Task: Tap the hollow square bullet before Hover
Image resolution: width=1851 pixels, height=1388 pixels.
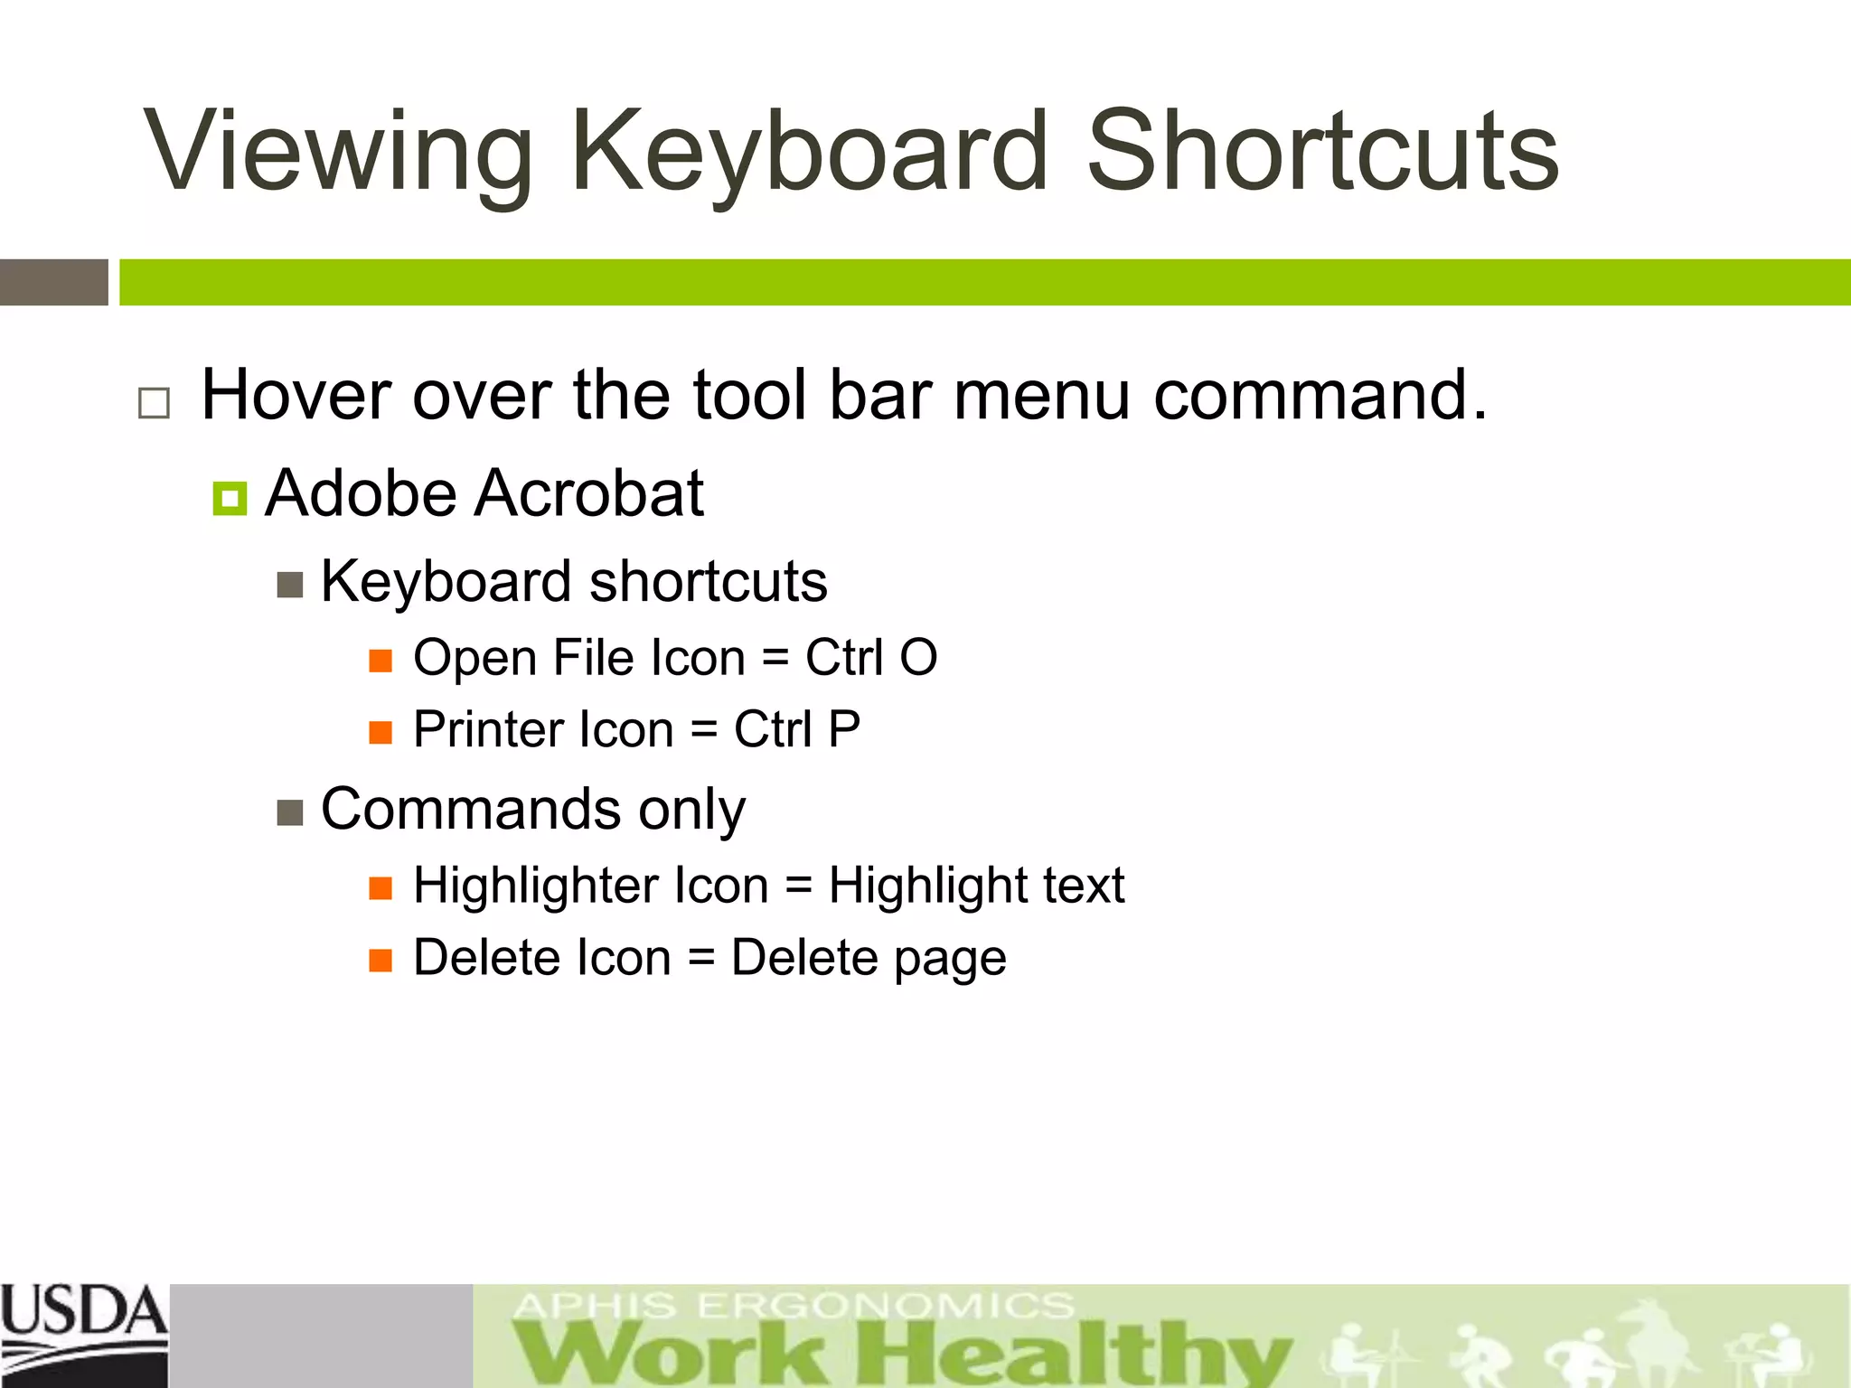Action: [154, 402]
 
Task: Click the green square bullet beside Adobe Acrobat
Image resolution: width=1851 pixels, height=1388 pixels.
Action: [230, 498]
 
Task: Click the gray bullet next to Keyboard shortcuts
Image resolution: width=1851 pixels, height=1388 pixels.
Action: [289, 586]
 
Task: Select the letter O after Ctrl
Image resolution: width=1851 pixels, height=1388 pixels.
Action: [918, 658]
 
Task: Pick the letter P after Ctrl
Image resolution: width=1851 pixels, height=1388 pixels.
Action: [843, 729]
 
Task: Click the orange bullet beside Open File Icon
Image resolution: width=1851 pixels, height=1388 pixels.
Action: [381, 661]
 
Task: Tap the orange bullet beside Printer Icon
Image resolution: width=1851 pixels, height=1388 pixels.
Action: [381, 732]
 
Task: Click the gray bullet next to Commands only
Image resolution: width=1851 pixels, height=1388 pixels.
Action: [289, 813]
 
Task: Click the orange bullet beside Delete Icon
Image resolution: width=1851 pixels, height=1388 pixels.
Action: [381, 960]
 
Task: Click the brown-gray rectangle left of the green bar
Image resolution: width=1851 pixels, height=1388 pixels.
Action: [54, 282]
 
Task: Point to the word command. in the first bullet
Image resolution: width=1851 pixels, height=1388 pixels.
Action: [1320, 396]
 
